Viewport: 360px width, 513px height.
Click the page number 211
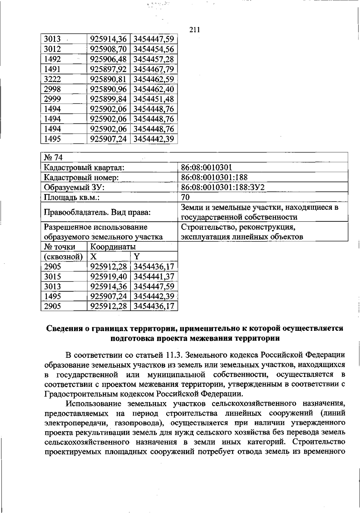pyautogui.click(x=195, y=30)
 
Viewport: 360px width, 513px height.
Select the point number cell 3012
pyautogui.click(x=52, y=49)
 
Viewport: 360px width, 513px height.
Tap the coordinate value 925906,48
pyautogui.click(x=108, y=59)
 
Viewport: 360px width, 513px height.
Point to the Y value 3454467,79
pyautogui.click(x=154, y=69)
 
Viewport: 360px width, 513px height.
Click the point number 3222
pyautogui.click(x=52, y=79)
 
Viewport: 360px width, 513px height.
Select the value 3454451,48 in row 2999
pyautogui.click(x=154, y=99)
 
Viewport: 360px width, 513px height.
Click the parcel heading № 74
pyautogui.click(x=53, y=157)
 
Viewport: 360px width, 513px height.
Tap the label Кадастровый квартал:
pyautogui.click(x=84, y=168)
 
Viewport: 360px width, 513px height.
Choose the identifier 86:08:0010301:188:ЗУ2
pyautogui.click(x=223, y=187)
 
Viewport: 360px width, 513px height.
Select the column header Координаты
pyautogui.click(x=113, y=247)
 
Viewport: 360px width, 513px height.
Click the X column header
pyautogui.click(x=94, y=256)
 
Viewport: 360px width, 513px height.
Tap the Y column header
pyautogui.click(x=137, y=256)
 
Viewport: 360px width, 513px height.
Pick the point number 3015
pyautogui.click(x=52, y=276)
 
